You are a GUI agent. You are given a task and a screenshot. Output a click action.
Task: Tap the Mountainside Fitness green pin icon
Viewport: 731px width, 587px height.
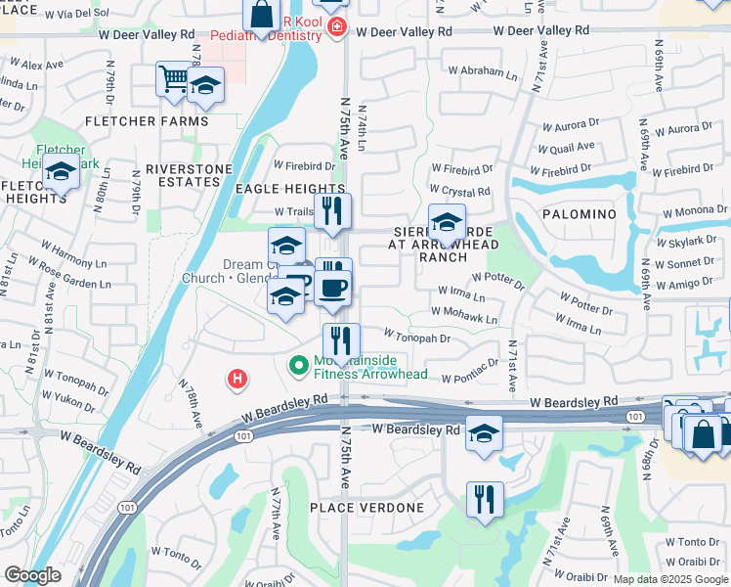pyautogui.click(x=298, y=366)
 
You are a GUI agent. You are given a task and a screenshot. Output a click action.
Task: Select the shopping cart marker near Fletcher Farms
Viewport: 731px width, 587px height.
pyautogui.click(x=173, y=77)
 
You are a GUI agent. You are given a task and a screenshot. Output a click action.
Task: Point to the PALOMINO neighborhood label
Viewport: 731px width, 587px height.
pyautogui.click(x=576, y=214)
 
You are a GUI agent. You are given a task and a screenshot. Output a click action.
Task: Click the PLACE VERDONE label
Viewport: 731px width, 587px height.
pyautogui.click(x=366, y=508)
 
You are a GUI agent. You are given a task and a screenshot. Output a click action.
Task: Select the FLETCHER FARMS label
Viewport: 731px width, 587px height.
pyautogui.click(x=147, y=121)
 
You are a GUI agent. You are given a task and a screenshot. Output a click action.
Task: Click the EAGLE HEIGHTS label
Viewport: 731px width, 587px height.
pyautogui.click(x=289, y=189)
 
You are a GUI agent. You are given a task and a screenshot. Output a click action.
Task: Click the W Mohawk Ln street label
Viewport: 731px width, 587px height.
pyautogui.click(x=467, y=319)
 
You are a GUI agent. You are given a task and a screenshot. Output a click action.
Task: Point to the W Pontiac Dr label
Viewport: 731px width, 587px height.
pyautogui.click(x=469, y=378)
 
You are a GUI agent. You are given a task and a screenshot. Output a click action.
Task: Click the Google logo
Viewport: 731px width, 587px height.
pyautogui.click(x=32, y=575)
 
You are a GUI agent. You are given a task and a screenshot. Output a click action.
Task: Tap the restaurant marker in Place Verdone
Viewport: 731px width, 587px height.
pyautogui.click(x=485, y=499)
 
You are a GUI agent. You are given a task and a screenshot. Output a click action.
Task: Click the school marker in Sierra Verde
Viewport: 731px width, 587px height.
pyautogui.click(x=447, y=222)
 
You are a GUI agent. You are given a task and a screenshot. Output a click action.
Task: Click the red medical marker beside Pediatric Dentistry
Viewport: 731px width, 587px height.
pyautogui.click(x=336, y=25)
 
